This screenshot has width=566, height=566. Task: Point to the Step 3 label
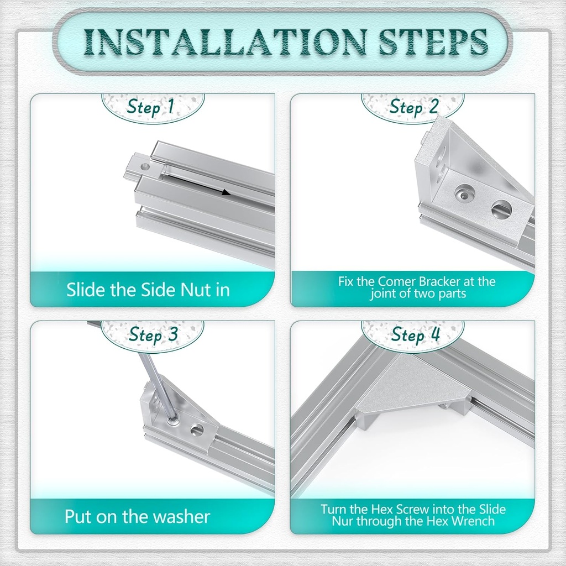click(154, 334)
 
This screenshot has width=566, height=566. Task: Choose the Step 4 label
click(416, 334)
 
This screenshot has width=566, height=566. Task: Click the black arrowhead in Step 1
click(226, 192)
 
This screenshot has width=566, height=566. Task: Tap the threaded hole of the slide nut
click(145, 167)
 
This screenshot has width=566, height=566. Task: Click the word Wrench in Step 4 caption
click(474, 521)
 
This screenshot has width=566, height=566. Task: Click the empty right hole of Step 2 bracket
click(501, 209)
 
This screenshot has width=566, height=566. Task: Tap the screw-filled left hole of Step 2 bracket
click(464, 194)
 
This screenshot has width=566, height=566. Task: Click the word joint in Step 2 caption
click(383, 294)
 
